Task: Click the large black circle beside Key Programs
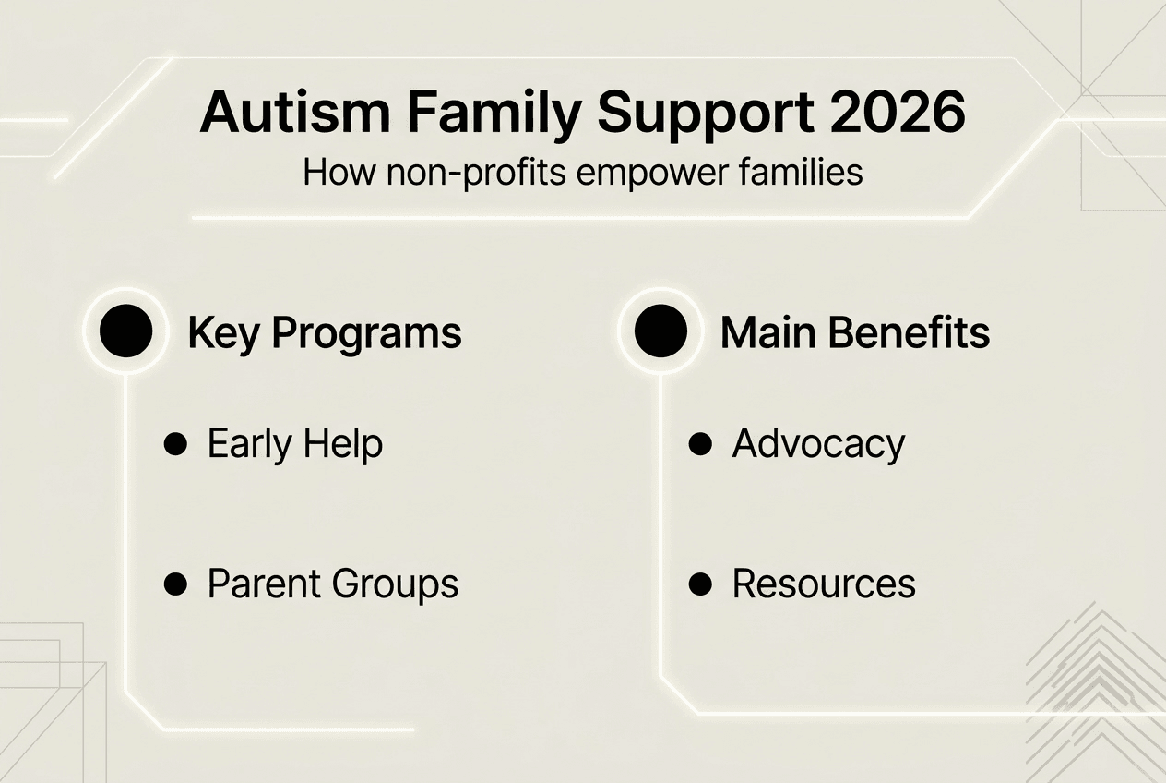click(x=125, y=331)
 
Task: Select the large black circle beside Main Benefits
click(x=660, y=331)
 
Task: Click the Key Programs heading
click(x=324, y=333)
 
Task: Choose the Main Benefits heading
click(x=854, y=333)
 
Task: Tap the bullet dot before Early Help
click(x=174, y=444)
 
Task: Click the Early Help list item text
click(x=294, y=444)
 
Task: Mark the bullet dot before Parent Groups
click(x=174, y=584)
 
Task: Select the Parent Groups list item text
click(x=332, y=584)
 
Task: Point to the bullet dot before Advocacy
click(x=700, y=444)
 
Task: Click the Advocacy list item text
click(x=818, y=444)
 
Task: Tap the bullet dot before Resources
click(x=700, y=584)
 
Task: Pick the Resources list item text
click(x=824, y=584)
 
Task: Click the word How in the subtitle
click(x=327, y=174)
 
